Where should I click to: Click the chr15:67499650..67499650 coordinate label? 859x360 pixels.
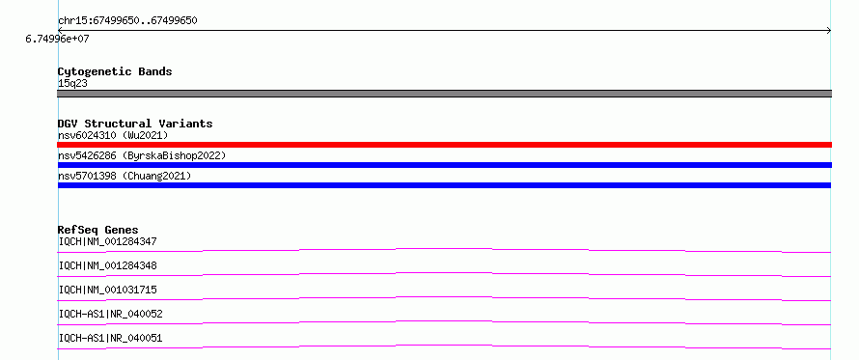click(x=127, y=21)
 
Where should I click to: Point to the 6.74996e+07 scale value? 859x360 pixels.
click(x=57, y=40)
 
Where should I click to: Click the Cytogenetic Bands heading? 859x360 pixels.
click(x=115, y=71)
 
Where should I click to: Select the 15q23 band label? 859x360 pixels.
click(x=72, y=84)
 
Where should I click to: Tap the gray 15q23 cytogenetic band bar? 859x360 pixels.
click(x=444, y=94)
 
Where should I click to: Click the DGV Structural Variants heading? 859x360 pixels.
click(x=135, y=124)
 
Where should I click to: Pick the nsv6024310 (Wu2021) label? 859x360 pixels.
click(x=113, y=135)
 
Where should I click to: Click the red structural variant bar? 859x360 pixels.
click(x=444, y=145)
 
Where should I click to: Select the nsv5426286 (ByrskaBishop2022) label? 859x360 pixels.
click(x=142, y=155)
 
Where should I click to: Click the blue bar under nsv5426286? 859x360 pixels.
click(x=444, y=165)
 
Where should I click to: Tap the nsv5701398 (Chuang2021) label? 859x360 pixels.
click(x=125, y=176)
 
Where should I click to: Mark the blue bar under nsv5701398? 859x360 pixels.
click(x=444, y=185)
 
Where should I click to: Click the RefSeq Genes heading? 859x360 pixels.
click(x=98, y=230)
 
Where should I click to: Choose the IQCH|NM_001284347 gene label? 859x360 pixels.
click(x=108, y=241)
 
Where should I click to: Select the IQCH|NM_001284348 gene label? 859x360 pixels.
click(x=108, y=265)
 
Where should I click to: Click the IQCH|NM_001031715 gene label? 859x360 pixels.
click(x=108, y=290)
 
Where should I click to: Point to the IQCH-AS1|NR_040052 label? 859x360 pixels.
click(x=111, y=314)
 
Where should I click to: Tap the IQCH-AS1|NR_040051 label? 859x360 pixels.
click(x=111, y=338)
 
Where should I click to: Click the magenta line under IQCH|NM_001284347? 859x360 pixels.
click(x=444, y=249)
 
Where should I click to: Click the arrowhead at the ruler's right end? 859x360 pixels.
click(x=829, y=31)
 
